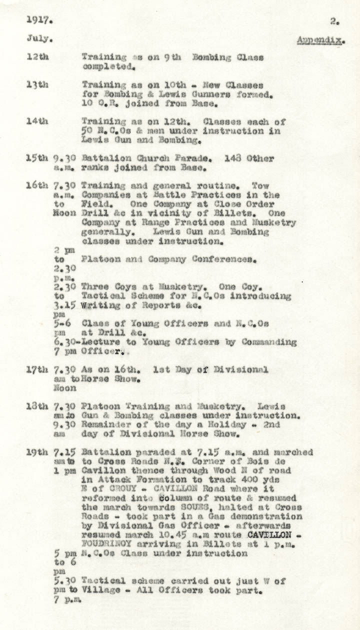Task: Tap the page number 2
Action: click(334, 21)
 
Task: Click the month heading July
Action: click(38, 38)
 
